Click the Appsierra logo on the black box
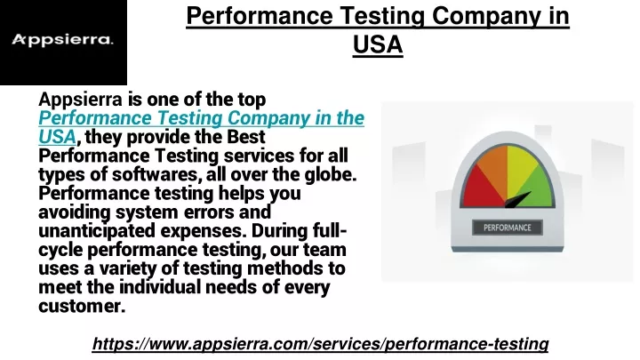(62, 40)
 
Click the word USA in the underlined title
(378, 44)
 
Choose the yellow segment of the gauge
(521, 165)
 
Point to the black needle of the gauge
(518, 200)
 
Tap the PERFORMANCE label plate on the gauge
(508, 228)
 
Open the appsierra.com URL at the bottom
(320, 344)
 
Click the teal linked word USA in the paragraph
(57, 137)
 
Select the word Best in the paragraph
(245, 137)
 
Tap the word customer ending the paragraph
(82, 306)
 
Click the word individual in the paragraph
(160, 287)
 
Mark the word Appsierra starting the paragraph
(80, 100)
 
